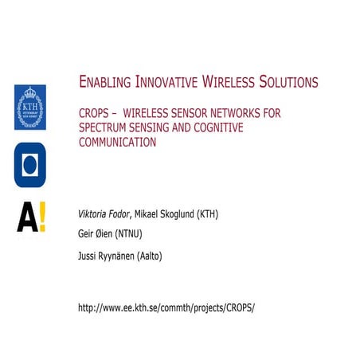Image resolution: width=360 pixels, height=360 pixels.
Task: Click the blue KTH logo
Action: [x=30, y=108]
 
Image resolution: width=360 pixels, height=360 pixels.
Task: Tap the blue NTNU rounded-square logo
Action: [x=30, y=165]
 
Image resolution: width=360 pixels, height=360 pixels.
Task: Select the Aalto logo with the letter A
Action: [x=30, y=217]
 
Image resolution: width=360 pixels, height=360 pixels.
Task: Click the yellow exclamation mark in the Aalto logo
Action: [x=41, y=217]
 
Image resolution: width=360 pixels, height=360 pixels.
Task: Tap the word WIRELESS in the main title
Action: [x=230, y=82]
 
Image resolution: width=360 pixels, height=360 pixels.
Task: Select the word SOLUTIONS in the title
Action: [x=288, y=82]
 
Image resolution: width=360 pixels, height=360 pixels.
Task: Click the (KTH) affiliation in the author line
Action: [x=206, y=214]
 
